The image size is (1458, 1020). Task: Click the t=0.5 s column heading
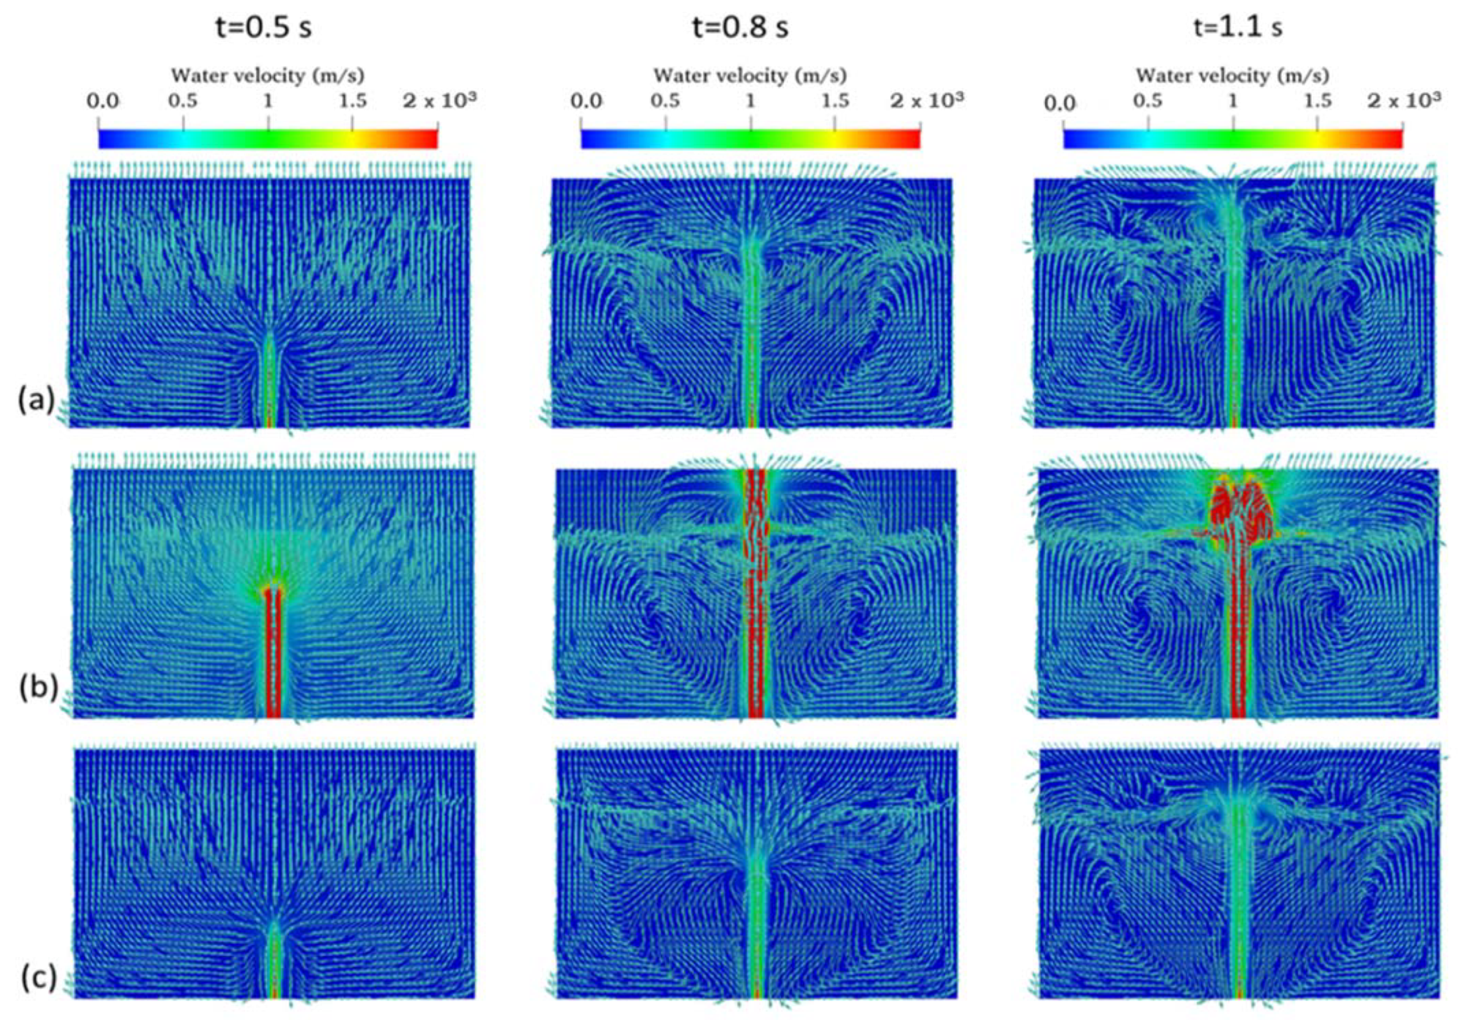[x=263, y=29]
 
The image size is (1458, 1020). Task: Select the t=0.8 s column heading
[x=740, y=29]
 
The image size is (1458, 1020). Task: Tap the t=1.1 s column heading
[x=1238, y=29]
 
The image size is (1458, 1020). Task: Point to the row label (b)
[x=38, y=687]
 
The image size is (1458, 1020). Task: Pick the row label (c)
[x=39, y=978]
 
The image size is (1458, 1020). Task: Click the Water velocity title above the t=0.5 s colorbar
[x=268, y=76]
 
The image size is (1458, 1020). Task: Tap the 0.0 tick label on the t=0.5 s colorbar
[x=103, y=101]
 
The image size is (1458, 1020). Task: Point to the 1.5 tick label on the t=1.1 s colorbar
[x=1318, y=101]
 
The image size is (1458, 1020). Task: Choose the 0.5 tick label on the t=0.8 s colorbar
[x=665, y=101]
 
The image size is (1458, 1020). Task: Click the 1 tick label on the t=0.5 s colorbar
[x=268, y=101]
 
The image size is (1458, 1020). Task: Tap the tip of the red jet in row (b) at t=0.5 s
[x=273, y=590]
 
